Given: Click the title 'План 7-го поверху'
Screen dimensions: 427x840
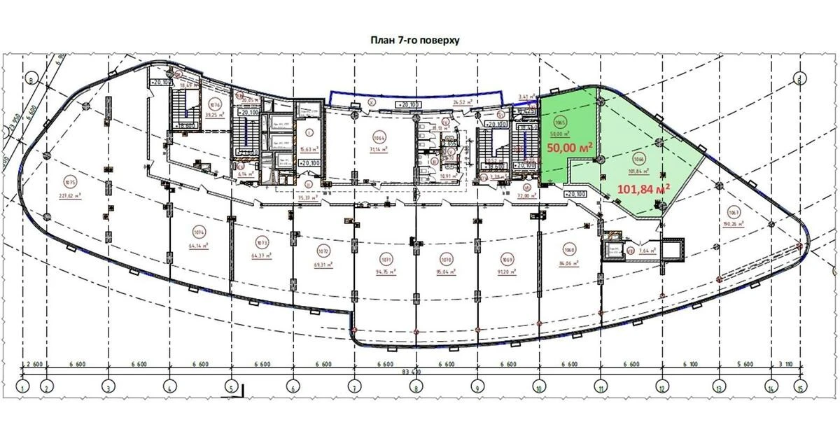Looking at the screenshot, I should (414, 41).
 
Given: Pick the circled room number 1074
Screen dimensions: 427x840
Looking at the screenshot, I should (199, 230).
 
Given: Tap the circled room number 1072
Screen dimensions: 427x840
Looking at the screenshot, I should (323, 251).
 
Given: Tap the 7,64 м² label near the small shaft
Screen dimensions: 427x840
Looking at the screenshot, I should (648, 250).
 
